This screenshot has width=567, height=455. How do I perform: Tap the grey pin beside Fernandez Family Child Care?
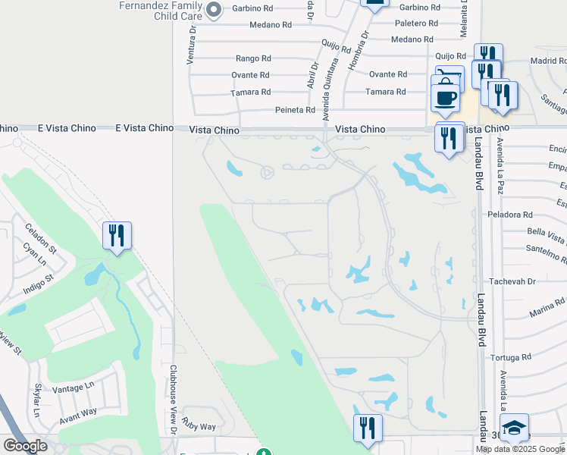214,10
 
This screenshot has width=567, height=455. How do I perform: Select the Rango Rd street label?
253,58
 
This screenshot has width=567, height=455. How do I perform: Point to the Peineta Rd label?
295,110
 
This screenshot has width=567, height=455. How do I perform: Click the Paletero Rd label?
413,23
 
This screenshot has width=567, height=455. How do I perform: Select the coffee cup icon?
445,96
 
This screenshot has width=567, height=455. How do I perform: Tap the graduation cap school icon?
514,428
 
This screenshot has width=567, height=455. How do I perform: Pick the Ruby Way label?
199,426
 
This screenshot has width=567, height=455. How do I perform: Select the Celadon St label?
40,237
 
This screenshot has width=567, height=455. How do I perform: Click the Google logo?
25,447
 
